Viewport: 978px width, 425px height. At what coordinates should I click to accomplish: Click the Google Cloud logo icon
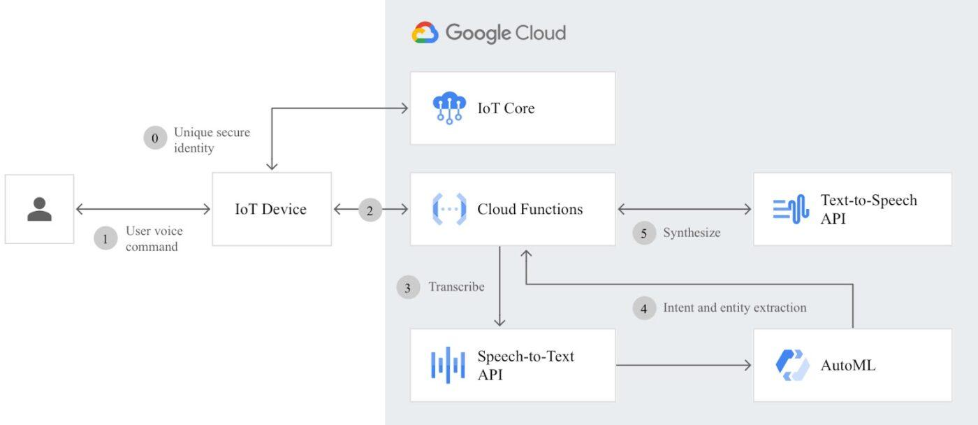[x=425, y=33]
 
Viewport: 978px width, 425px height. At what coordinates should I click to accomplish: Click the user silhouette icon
[x=39, y=209]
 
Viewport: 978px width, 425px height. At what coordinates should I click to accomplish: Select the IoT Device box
[x=271, y=209]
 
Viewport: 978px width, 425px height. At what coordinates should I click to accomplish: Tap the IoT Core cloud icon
[x=448, y=108]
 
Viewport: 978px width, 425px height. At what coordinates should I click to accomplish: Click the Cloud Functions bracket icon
[x=448, y=209]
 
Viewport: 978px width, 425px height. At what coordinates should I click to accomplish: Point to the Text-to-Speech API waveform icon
[x=791, y=209]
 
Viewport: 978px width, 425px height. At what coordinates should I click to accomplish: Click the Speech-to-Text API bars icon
[x=448, y=365]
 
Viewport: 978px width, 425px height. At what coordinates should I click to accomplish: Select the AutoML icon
[x=792, y=365]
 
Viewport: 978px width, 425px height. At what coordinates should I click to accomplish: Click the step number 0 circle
[x=155, y=138]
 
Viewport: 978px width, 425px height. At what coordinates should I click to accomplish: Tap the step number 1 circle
[x=105, y=238]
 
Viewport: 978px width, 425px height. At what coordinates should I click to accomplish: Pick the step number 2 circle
[x=370, y=209]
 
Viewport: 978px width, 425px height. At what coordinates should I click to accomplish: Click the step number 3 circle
[x=408, y=287]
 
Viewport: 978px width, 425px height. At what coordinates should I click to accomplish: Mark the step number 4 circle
[x=644, y=308]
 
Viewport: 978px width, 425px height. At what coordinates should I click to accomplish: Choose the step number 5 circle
[x=644, y=233]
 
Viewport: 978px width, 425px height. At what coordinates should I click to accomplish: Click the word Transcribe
[x=456, y=287]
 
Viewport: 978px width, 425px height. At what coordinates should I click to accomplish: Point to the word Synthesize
[x=691, y=233]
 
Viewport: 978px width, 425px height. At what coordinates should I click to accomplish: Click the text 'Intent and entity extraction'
[x=734, y=308]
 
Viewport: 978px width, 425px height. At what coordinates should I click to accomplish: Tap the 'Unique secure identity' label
[x=212, y=140]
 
